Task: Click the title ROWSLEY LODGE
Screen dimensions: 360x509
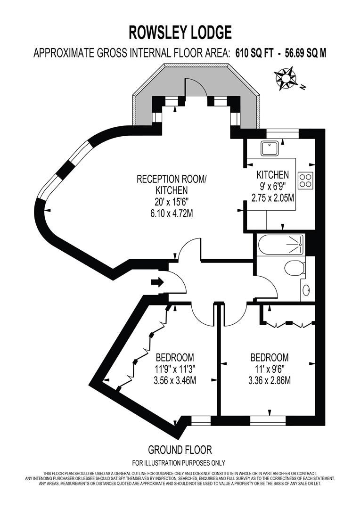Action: click(180, 33)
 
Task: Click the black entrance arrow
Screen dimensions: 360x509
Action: click(157, 282)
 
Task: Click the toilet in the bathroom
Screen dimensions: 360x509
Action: click(294, 268)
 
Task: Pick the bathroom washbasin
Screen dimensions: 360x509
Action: click(307, 290)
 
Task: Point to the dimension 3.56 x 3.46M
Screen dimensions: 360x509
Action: click(175, 380)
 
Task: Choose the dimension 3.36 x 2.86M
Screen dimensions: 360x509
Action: click(270, 380)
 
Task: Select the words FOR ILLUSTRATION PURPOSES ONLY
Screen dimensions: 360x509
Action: click(179, 463)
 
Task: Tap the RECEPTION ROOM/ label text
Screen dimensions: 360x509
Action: click(172, 179)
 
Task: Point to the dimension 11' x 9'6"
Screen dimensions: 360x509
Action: click(270, 369)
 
